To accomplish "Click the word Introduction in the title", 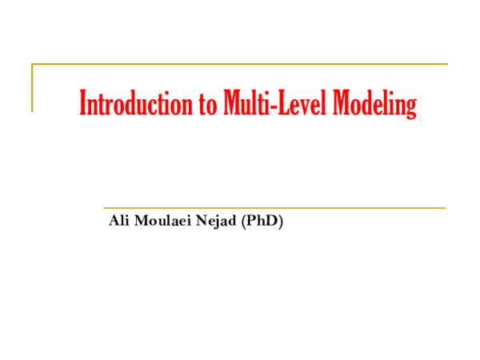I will [x=130, y=105].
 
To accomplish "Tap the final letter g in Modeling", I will [x=410, y=108].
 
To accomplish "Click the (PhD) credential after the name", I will [x=262, y=221].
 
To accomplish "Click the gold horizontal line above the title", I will [x=240, y=63].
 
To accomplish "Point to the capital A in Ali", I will [x=113, y=221].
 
